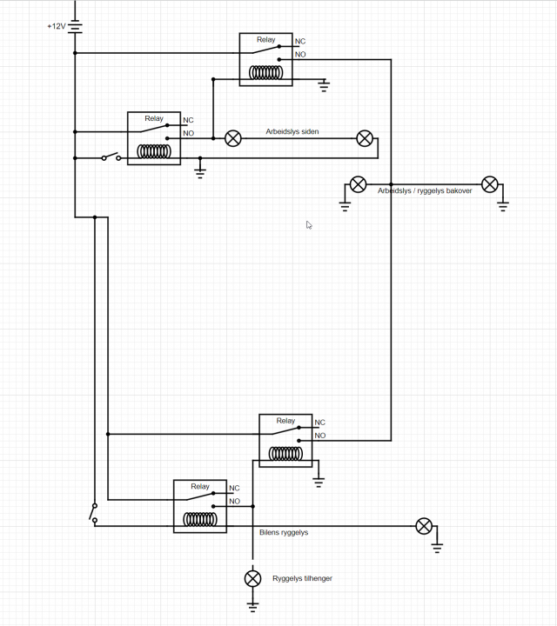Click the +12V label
coord(56,26)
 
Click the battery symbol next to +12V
coord(75,26)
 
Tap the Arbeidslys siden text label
coord(292,132)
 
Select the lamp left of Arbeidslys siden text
coord(233,138)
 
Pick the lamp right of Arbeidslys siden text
coord(366,138)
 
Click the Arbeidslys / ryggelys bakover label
coord(425,190)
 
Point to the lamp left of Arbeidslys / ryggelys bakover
coord(358,184)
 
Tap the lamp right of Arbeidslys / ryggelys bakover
coord(490,184)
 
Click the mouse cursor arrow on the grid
coord(309,225)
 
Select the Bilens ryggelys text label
coord(284,532)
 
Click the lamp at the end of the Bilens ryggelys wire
coord(424,525)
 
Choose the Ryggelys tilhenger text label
coord(302,578)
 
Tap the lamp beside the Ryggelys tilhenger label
coord(252,578)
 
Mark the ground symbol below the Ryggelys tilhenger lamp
coord(252,603)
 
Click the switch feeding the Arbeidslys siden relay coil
coord(110,157)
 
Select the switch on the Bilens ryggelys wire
coord(93,513)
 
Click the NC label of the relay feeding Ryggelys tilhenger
coord(234,489)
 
